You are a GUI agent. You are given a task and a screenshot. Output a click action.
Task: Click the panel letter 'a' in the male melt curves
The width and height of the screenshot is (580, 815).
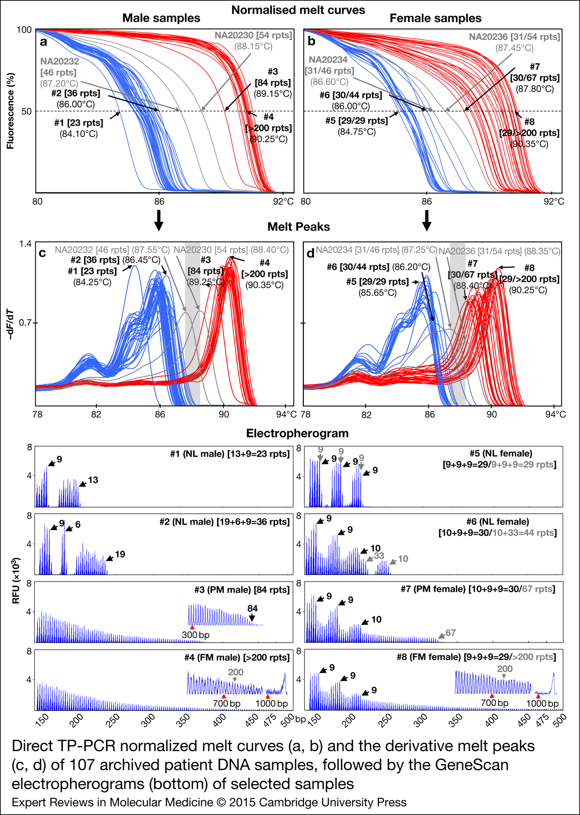(x=43, y=42)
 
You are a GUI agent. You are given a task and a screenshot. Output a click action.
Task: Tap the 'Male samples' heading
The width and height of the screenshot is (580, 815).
(x=161, y=18)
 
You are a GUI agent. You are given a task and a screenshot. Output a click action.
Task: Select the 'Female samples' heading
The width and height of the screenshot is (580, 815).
(x=435, y=18)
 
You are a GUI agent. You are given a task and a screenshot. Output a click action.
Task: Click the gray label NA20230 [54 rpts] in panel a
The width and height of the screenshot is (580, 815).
(x=253, y=36)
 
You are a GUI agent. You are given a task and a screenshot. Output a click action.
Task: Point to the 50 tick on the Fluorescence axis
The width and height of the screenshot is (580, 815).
(x=26, y=111)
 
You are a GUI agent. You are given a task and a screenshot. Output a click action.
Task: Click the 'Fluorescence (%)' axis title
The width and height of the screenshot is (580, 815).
(x=10, y=111)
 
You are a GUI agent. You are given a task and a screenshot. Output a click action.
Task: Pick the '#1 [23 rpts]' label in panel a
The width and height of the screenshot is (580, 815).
(x=79, y=123)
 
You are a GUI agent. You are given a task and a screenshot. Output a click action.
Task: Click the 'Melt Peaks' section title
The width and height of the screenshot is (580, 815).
(x=298, y=227)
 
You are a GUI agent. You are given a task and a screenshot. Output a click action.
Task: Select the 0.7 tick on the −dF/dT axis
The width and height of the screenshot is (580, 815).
(x=26, y=322)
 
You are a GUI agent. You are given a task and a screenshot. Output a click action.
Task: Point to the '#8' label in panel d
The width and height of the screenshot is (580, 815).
(x=529, y=268)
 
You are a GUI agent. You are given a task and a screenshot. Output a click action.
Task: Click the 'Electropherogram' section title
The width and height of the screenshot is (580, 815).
(x=297, y=433)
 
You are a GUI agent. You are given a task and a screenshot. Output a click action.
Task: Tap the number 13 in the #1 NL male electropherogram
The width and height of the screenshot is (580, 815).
(x=93, y=480)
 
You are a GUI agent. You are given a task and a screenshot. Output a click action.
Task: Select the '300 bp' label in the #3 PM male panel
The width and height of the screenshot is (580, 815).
(x=196, y=635)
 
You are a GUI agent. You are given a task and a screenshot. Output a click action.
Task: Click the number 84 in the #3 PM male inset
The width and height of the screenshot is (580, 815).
(x=252, y=608)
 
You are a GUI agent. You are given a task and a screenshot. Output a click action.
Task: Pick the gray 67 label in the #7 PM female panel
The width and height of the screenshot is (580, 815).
(x=450, y=633)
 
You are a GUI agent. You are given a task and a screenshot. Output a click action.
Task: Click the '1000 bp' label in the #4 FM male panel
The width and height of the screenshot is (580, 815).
(x=271, y=703)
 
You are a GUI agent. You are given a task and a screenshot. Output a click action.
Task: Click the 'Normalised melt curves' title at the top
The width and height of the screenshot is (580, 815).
(x=298, y=10)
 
